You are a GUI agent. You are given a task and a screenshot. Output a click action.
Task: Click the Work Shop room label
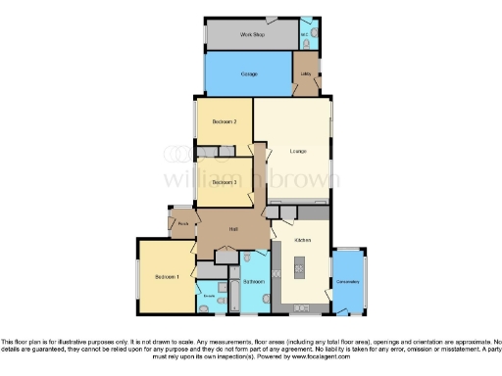click(253, 34)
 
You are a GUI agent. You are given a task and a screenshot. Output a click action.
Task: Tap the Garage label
click(248, 73)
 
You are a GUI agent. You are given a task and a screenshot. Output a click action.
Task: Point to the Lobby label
click(306, 74)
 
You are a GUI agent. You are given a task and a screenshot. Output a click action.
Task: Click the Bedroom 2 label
click(225, 122)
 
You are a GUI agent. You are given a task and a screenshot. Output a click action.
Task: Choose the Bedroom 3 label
click(225, 182)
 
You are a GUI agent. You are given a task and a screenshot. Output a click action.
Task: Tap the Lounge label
click(298, 151)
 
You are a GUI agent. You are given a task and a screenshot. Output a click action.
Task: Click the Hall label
click(233, 229)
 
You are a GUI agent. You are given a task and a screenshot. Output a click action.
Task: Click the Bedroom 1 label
click(167, 277)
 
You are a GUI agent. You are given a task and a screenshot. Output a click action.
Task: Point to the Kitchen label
click(303, 239)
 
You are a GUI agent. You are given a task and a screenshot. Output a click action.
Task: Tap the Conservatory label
click(349, 282)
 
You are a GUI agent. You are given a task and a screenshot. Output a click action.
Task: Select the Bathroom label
click(253, 282)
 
